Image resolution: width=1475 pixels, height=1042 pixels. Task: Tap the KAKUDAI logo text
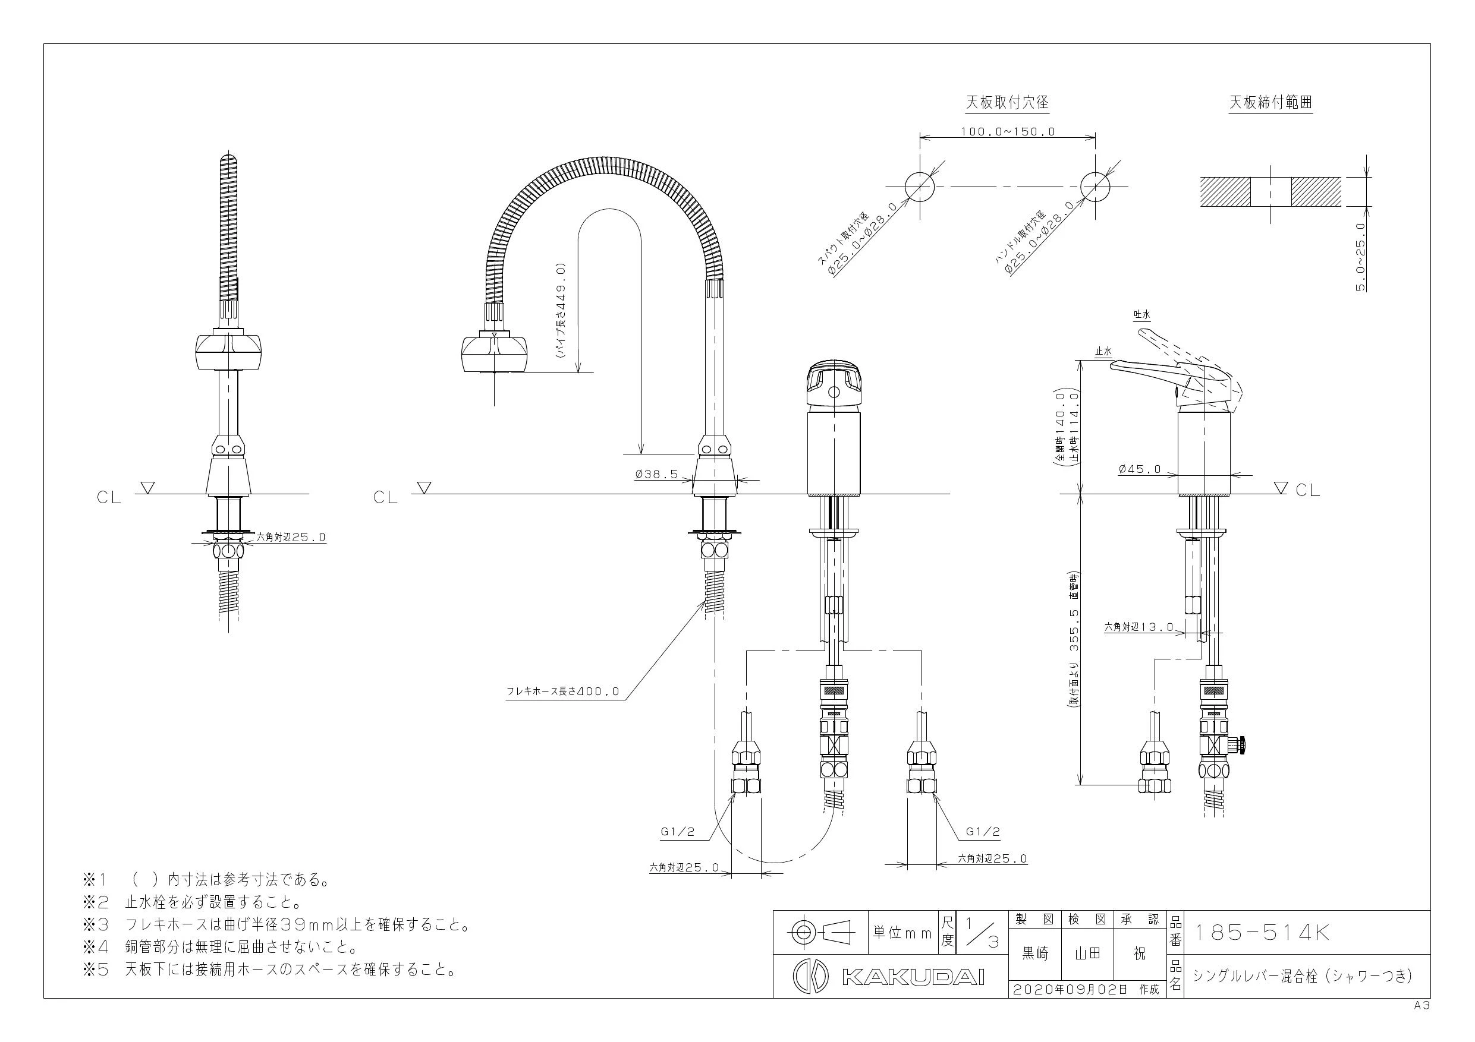[x=913, y=977]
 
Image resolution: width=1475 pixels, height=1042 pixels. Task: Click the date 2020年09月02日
[x=1070, y=989]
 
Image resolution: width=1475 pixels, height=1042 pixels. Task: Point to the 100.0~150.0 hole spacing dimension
[x=1007, y=132]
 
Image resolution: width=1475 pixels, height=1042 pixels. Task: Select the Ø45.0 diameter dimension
[x=1140, y=469]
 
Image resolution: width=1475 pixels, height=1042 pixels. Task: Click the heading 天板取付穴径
[x=1007, y=102]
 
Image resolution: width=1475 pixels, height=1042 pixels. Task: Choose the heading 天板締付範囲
[x=1270, y=102]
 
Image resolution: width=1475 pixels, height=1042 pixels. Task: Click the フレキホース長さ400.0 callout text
[x=564, y=691]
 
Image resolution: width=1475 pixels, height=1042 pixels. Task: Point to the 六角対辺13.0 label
[x=1139, y=627]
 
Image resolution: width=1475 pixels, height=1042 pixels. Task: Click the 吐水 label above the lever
[x=1141, y=315]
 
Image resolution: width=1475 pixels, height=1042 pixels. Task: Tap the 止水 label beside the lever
[x=1103, y=351]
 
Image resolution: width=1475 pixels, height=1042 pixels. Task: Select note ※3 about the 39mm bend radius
[x=276, y=925]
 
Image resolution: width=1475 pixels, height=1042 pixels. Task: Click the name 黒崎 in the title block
[x=1035, y=954]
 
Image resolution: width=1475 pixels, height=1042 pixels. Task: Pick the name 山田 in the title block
[x=1087, y=954]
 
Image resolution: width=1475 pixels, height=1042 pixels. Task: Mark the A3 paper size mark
[x=1421, y=1006]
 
